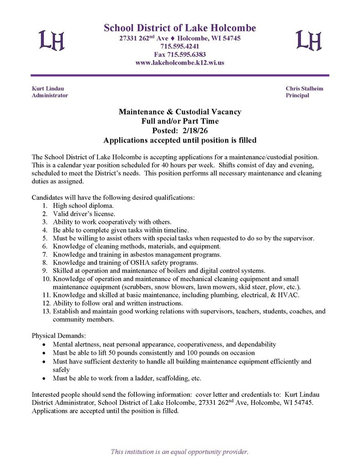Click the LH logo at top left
pos(51,40)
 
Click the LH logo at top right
pos(309,40)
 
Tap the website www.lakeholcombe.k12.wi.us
pos(180,63)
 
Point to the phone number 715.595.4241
pos(180,46)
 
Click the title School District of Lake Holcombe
pos(180,28)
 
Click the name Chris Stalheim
pos(304,88)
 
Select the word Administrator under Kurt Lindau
pos(50,96)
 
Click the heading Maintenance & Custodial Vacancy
pos(180,111)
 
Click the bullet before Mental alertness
pos(43,344)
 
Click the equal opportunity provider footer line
pos(180,451)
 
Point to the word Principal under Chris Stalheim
pos(297,96)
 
